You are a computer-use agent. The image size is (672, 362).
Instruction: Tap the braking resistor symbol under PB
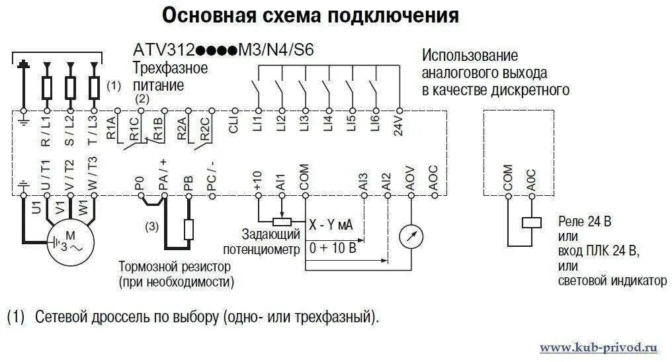coord(189,230)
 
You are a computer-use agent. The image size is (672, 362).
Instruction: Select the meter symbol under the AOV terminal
coord(411,236)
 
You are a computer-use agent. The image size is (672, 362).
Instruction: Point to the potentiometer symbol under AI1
coord(282,222)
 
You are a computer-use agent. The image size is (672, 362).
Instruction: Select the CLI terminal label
coord(234,125)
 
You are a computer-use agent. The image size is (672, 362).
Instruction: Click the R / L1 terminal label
coord(46,133)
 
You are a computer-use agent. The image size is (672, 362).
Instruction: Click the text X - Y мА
coord(331,225)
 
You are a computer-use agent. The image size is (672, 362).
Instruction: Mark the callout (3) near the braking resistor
coord(152,227)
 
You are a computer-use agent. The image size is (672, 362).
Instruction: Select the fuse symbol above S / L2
coord(70,87)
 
